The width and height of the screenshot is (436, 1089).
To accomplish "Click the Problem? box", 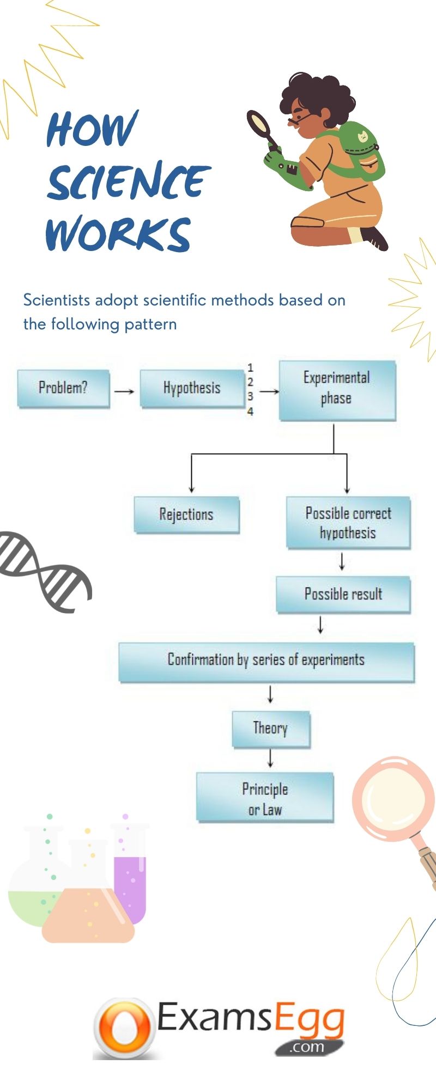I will (x=63, y=388).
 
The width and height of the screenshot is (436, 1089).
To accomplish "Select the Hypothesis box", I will (x=192, y=388).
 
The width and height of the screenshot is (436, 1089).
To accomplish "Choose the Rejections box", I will (x=186, y=514).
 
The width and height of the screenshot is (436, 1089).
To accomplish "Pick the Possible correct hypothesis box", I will (x=348, y=522).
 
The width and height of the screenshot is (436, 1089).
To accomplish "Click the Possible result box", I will (x=343, y=594).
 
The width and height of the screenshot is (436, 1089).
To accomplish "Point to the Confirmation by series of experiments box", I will (x=266, y=661).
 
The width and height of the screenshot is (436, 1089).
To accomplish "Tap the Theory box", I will (x=271, y=728).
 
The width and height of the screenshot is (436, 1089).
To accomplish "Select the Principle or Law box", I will (x=265, y=798).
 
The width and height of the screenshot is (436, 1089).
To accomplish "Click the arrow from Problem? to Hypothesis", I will (x=124, y=391).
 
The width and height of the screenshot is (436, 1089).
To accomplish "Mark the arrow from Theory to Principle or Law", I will (x=270, y=758).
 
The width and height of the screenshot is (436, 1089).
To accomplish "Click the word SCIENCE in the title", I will (x=128, y=181).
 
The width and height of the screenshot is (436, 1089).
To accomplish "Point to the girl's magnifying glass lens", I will (x=258, y=125).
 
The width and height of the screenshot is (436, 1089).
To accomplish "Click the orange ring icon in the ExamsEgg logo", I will (x=124, y=1027).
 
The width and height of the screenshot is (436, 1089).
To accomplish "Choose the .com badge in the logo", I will (x=308, y=1047).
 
